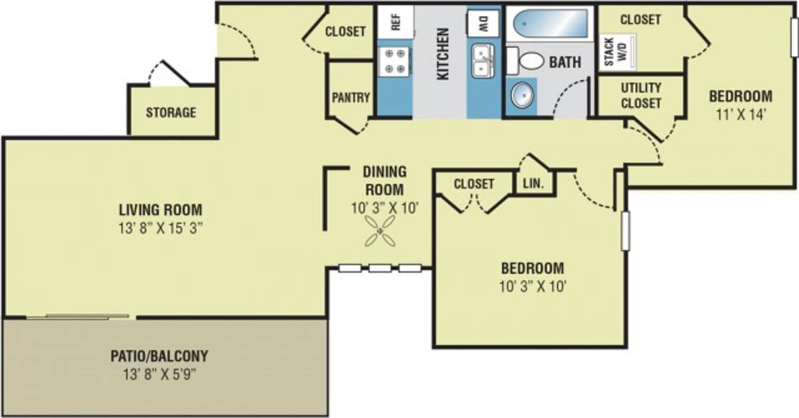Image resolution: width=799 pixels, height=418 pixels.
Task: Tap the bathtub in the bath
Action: point(547,26)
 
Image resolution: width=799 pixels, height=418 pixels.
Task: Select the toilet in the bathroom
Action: point(527,61)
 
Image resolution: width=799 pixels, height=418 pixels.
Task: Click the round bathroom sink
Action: point(522,96)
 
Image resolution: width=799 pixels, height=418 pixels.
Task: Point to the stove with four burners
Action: point(394,61)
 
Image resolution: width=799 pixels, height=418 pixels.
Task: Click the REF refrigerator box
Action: point(395,21)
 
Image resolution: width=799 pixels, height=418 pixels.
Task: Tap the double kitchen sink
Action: point(483,61)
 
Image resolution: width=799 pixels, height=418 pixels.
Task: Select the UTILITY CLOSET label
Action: point(640,96)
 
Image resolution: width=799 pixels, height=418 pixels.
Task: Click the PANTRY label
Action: point(351,97)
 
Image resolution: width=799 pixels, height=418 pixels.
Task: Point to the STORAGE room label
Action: point(171,113)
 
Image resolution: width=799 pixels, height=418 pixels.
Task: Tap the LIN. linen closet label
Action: point(534,184)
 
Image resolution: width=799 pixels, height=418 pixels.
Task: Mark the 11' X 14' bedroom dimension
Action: point(740,115)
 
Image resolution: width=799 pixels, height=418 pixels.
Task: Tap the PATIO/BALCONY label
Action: point(159,357)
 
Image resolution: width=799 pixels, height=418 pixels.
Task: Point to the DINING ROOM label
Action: point(384,180)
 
